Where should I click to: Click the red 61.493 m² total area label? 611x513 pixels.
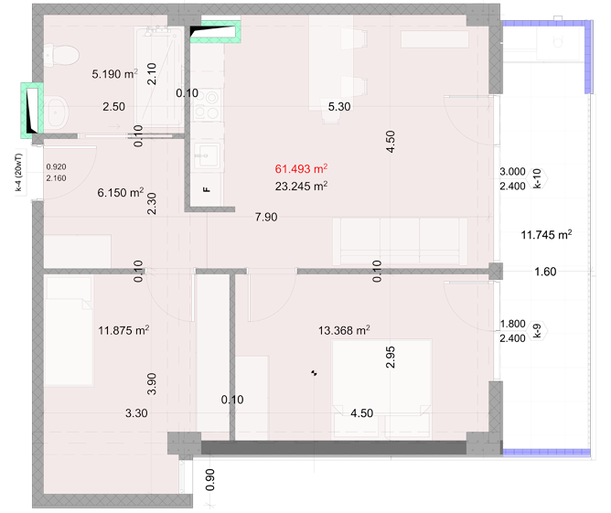click(x=301, y=168)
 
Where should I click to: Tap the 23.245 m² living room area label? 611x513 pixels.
click(x=301, y=187)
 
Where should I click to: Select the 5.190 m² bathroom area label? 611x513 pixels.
click(x=114, y=74)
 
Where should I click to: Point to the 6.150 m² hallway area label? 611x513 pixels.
click(x=121, y=192)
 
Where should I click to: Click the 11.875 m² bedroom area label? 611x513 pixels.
click(x=123, y=330)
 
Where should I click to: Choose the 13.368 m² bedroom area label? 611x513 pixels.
click(x=344, y=330)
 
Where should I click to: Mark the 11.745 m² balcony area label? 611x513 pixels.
click(x=546, y=234)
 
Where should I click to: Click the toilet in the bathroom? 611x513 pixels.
click(x=60, y=55)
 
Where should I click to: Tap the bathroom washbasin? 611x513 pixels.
click(x=56, y=112)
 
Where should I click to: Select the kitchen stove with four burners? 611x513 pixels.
click(x=207, y=104)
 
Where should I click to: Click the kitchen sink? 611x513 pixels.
click(x=207, y=155)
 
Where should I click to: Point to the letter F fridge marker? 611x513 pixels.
click(x=207, y=189)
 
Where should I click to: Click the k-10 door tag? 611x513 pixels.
click(x=537, y=178)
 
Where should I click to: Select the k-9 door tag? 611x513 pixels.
click(x=537, y=331)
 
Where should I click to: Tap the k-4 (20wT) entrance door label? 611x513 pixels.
click(x=18, y=172)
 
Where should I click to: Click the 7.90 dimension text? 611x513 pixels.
click(x=266, y=217)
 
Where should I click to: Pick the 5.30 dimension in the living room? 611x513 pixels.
click(x=339, y=106)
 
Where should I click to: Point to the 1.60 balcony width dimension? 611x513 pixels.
click(x=545, y=272)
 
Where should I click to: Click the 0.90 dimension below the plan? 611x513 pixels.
click(x=209, y=480)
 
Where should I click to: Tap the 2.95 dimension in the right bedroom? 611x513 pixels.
click(x=390, y=358)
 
